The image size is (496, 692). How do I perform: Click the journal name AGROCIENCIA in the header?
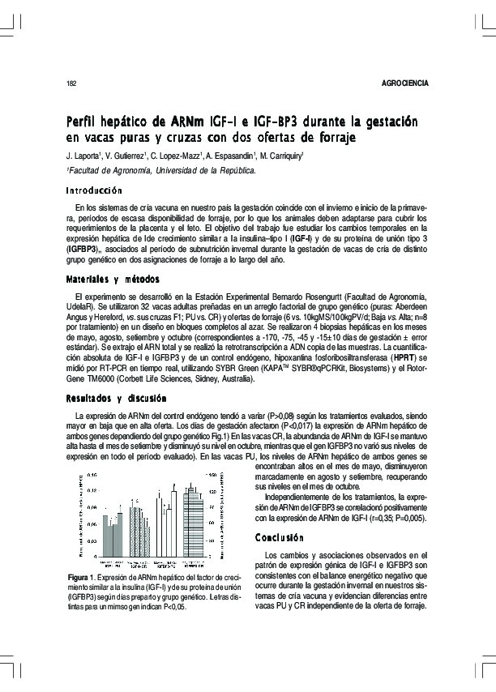point(404,83)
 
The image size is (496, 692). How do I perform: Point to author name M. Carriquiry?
point(278,156)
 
